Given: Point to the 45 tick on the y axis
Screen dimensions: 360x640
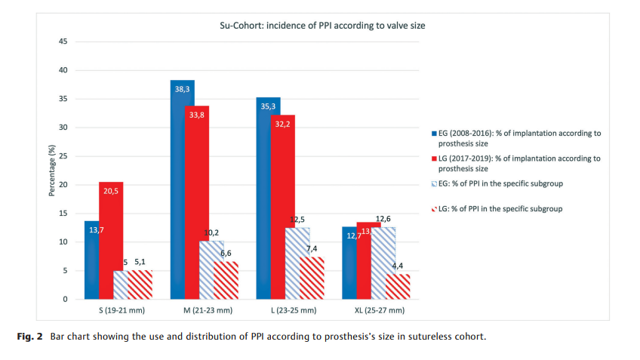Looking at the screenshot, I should click(63, 42).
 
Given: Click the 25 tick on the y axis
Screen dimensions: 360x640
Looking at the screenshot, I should click(63, 156).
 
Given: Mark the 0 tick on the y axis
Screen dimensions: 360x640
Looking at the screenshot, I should click(66, 300).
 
